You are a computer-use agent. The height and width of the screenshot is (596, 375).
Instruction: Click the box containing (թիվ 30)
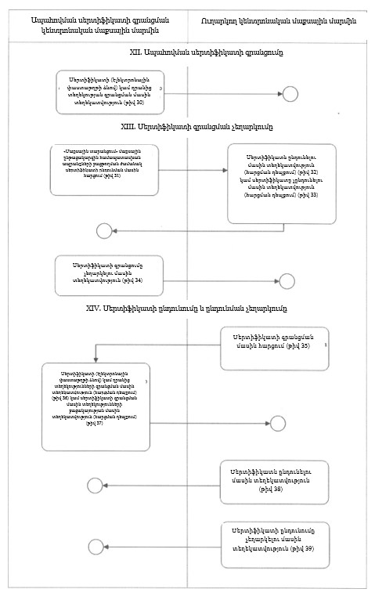[110, 92]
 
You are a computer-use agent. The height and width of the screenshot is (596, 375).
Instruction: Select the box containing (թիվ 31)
[103, 169]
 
